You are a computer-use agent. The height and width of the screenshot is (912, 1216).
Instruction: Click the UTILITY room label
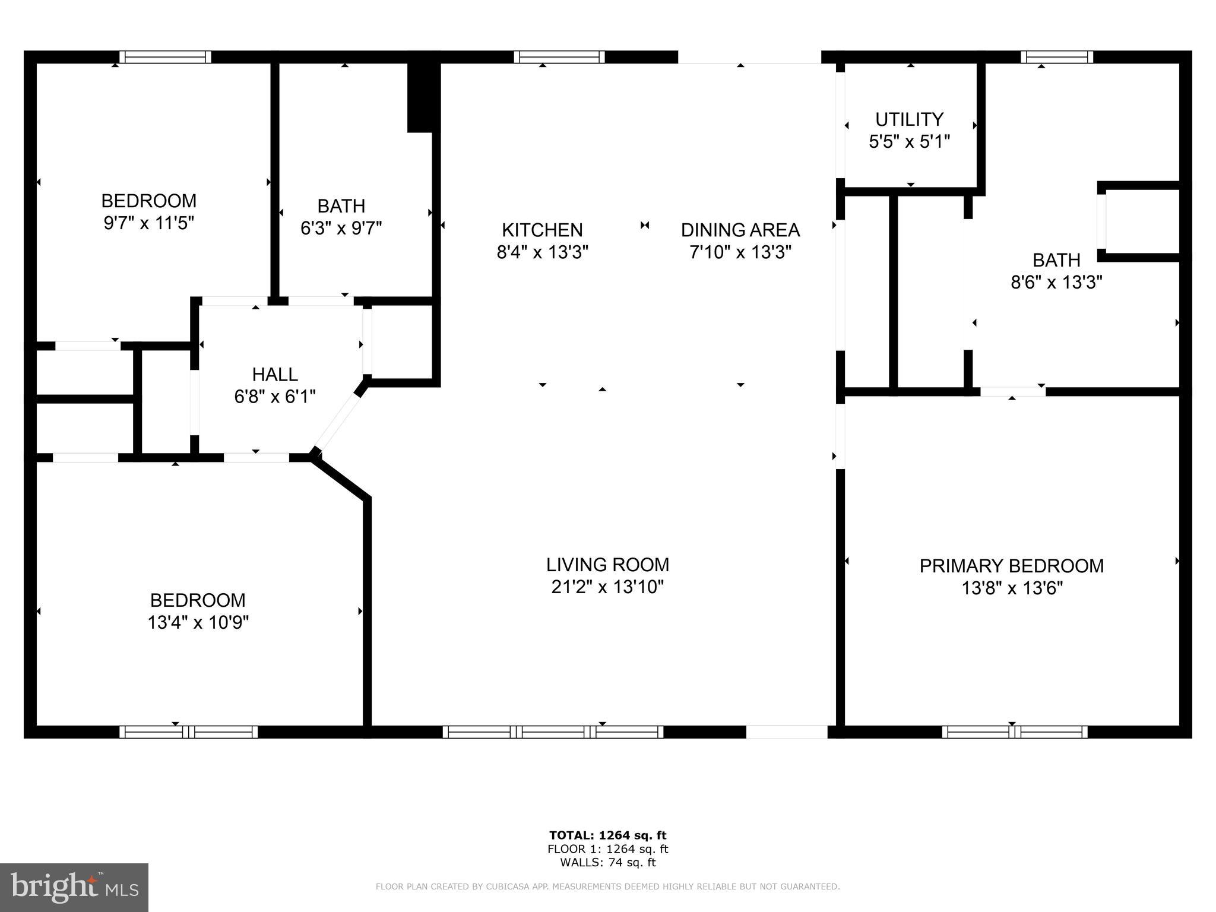coord(909,120)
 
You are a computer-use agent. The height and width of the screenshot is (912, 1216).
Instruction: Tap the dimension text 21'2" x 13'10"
coord(607,587)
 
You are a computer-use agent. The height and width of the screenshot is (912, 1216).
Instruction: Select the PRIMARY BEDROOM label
coord(1011,566)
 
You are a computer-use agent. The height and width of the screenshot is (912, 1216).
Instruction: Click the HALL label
coord(275,375)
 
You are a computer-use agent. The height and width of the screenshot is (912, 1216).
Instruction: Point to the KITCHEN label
coord(542,230)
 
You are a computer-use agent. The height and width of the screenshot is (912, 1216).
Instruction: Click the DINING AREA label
coord(740,230)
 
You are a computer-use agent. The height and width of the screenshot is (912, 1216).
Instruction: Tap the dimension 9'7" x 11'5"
coord(149,223)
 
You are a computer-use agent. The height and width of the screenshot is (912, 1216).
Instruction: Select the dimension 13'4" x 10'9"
coord(198,622)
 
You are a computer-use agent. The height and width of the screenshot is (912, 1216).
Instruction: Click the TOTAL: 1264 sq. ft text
coord(607,836)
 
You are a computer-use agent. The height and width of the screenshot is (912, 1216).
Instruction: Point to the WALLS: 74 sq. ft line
coord(607,863)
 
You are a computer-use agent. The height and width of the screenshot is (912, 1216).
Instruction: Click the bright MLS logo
coord(74,887)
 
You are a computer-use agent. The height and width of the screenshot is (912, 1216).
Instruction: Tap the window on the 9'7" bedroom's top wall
coord(165,57)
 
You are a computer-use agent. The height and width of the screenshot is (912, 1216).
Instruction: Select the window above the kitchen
coord(559,57)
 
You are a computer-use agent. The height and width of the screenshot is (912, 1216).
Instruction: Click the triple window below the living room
coord(553,732)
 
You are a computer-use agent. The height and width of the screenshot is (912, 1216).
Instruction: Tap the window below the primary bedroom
coord(1014,732)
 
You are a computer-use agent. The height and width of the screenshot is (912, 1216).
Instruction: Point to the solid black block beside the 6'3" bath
coord(423,97)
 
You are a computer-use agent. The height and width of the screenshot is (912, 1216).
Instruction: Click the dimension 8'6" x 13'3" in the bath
coord(1056,282)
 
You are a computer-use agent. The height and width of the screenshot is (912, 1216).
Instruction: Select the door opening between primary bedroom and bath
coord(1012,391)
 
